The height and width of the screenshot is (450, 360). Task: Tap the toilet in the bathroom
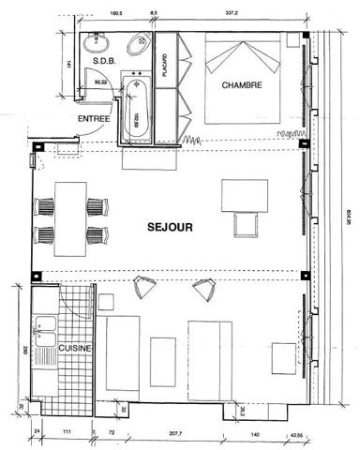point(138,43)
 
